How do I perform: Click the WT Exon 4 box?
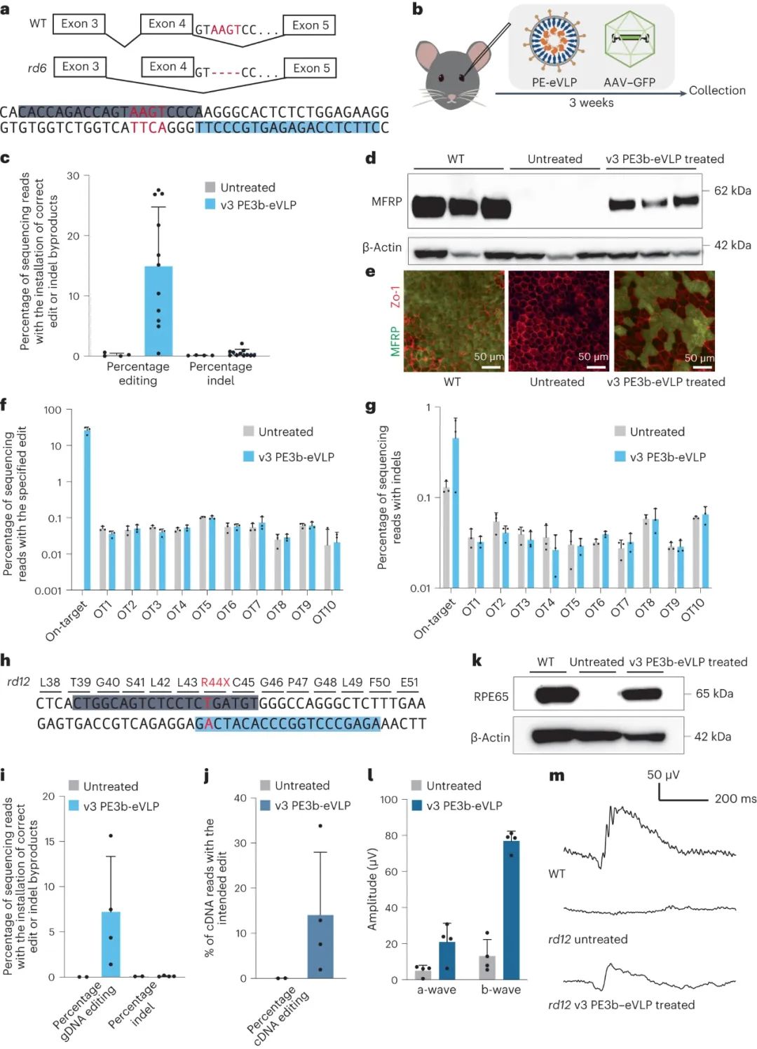(x=167, y=24)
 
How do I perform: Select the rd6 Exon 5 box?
(x=311, y=68)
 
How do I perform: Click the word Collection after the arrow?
(x=717, y=90)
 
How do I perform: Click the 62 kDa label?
(x=732, y=190)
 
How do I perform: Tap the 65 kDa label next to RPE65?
(x=714, y=693)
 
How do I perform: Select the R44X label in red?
(x=215, y=682)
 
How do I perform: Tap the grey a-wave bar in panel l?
(x=423, y=973)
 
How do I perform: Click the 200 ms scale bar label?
(x=735, y=798)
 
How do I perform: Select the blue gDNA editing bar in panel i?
(x=111, y=944)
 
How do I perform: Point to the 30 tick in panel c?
(x=73, y=176)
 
